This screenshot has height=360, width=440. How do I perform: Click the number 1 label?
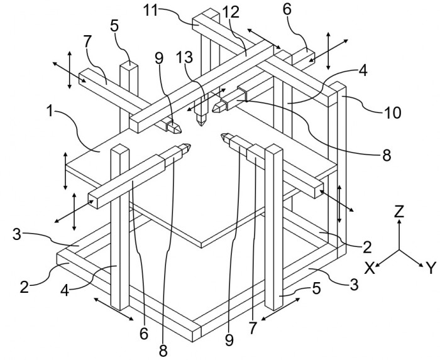click(x=50, y=111)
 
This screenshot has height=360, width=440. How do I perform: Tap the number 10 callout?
click(x=393, y=113)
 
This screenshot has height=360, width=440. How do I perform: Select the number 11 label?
click(x=152, y=11)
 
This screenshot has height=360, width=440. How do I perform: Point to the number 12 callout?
click(x=231, y=12)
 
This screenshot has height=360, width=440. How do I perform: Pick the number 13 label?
click(x=185, y=57)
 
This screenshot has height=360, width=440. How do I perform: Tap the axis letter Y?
click(x=431, y=268)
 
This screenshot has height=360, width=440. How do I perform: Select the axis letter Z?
click(x=399, y=211)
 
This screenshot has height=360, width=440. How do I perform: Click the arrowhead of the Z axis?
click(x=399, y=222)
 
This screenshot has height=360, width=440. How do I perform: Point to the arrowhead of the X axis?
click(x=378, y=265)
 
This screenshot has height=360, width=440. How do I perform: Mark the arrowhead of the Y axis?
click(x=421, y=265)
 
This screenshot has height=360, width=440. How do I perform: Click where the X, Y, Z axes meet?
click(x=399, y=250)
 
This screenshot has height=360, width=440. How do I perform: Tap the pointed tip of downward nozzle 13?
click(x=201, y=125)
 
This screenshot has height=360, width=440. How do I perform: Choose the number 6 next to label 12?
click(x=287, y=9)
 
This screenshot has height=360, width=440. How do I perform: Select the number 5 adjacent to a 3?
click(x=317, y=288)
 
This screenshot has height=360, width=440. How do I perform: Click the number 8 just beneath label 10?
click(x=387, y=155)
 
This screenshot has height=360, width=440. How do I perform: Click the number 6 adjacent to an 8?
click(x=144, y=334)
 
